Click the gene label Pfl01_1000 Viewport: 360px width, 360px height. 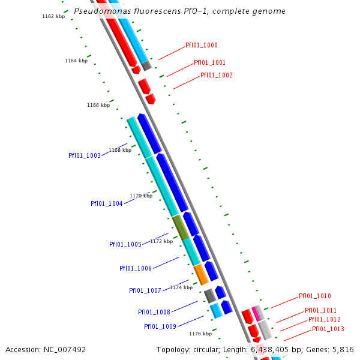202,45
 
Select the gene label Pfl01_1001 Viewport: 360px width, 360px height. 209,62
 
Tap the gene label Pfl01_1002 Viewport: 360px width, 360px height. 217,75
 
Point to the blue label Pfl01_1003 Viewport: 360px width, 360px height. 85,155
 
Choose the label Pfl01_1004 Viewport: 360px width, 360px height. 107,203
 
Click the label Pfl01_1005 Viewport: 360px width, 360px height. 125,244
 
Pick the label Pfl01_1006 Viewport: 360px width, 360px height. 136,268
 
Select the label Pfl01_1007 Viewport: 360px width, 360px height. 145,290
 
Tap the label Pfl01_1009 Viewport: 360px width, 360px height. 160,326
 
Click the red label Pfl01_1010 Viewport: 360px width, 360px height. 315,296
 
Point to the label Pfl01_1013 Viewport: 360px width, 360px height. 328,329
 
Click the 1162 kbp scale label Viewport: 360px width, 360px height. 53,16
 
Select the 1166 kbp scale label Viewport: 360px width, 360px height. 98,105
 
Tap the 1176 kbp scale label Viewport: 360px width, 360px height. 200,334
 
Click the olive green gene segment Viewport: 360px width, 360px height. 180,227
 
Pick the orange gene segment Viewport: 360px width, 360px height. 201,274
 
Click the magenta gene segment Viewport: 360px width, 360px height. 256,313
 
